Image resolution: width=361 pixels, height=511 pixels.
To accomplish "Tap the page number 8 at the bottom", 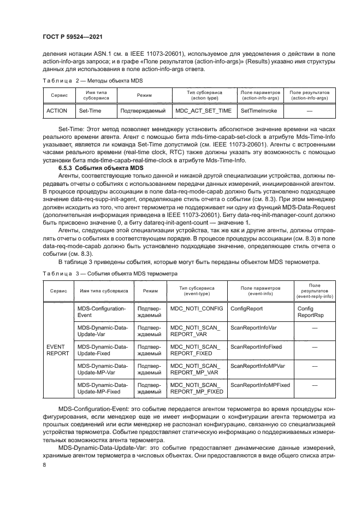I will pyautogui.click(x=44, y=464).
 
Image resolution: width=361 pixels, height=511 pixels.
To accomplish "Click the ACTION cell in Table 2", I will pyautogui.click(x=57, y=110).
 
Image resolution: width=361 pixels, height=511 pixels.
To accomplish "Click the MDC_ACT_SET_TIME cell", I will pyautogui.click(x=203, y=110).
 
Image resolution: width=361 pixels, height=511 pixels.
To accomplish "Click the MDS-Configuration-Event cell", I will pyautogui.click(x=102, y=312).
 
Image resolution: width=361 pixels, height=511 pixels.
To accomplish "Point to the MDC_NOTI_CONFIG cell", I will pyautogui.click(x=196, y=308).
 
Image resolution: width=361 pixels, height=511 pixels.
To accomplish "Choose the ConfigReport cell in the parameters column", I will pyautogui.click(x=246, y=308).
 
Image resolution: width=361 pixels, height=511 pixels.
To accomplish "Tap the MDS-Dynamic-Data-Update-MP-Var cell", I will pyautogui.click(x=102, y=369).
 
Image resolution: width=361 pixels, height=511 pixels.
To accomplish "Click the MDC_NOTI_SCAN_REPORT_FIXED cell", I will pyautogui.click(x=196, y=350).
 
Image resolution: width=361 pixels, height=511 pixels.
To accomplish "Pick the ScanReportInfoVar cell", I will pyautogui.click(x=253, y=327).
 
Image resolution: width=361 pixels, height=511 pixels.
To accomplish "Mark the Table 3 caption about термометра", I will pyautogui.click(x=109, y=273).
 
